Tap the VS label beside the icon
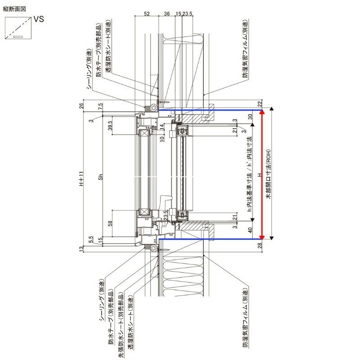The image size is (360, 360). pos(38,19)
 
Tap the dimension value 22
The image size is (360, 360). pos(260,104)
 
